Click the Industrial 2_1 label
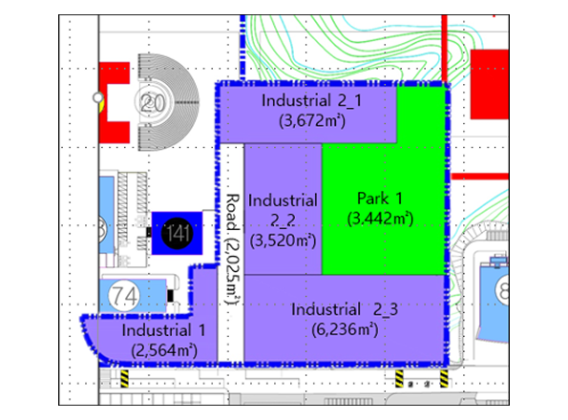pos(311,100)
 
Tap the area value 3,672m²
pos(312,120)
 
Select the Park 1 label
pos(380,199)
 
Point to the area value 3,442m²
pos(380,219)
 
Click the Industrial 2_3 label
pos(345,309)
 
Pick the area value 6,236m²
pos(345,330)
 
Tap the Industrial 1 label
pos(164,330)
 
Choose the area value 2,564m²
pos(164,350)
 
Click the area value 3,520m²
pos(283,241)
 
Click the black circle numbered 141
pos(178,233)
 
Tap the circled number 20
pos(153,103)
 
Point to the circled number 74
pos(124,297)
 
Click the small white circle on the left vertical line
pos(97,97)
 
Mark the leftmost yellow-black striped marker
pos(124,379)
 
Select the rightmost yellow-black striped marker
pos(444,379)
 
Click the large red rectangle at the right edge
pos(490,84)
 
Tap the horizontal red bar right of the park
pos(480,177)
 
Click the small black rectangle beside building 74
pos(170,296)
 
